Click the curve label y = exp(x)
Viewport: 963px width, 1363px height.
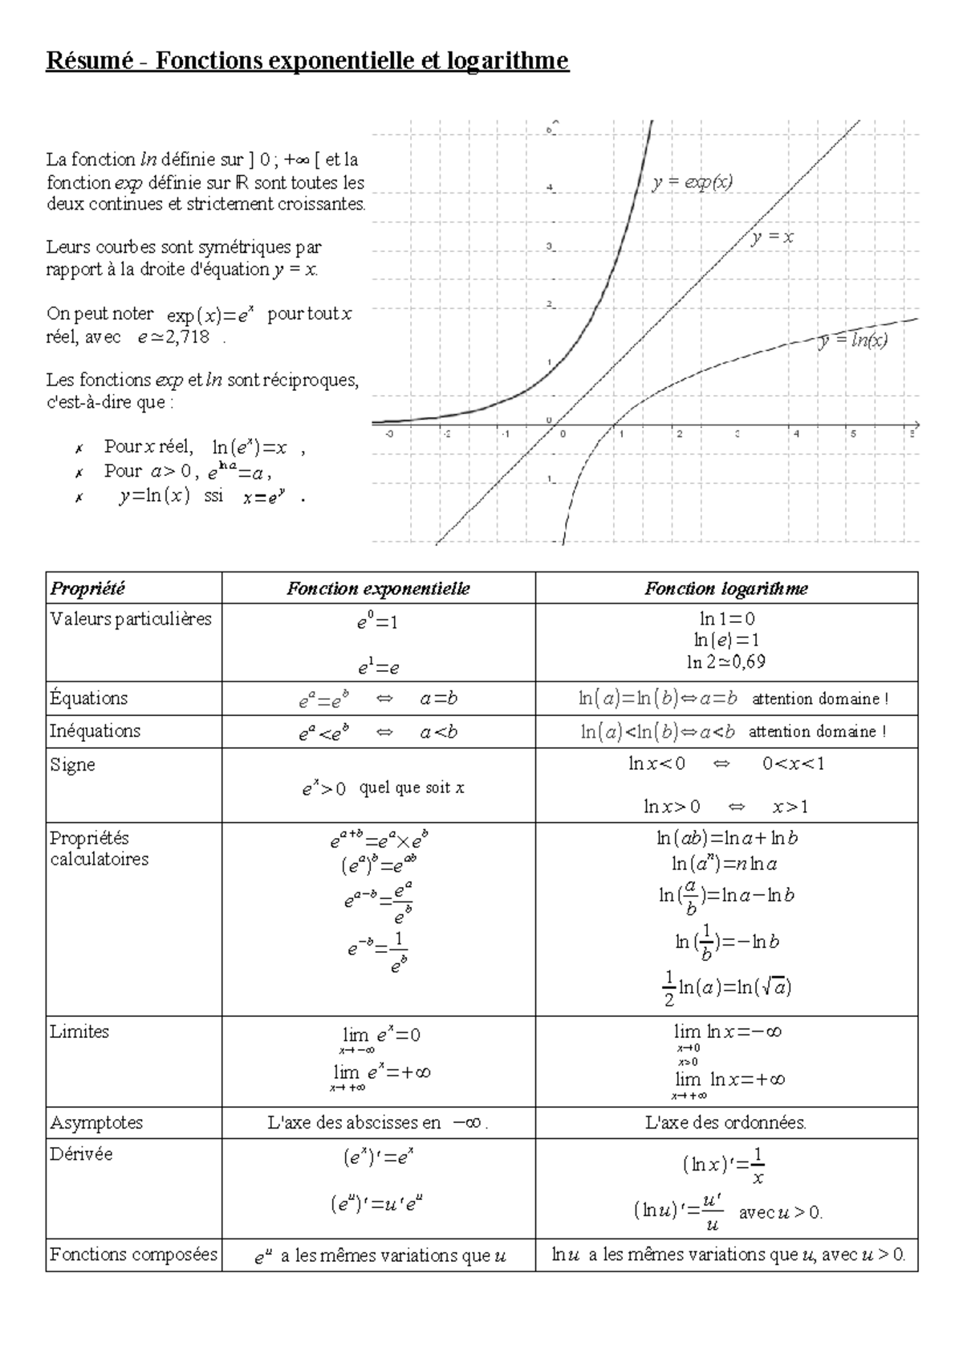692,183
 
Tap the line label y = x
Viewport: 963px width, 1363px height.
772,237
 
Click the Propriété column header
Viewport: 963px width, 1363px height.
88,588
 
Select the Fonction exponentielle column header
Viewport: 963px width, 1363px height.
378,588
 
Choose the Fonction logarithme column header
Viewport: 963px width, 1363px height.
725,588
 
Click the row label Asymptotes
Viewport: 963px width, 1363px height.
96,1122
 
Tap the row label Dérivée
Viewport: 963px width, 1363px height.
81,1153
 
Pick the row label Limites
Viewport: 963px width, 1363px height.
79,1031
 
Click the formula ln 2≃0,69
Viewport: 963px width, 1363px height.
725,662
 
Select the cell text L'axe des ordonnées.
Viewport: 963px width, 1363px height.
725,1122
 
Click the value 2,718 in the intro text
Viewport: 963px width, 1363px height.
185,338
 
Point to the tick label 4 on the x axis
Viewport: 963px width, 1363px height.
796,434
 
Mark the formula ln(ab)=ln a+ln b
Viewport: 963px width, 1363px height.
726,838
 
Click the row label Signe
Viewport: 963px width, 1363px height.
73,764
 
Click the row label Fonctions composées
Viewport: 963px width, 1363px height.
133,1254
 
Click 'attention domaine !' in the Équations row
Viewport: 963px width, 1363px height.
819,699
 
